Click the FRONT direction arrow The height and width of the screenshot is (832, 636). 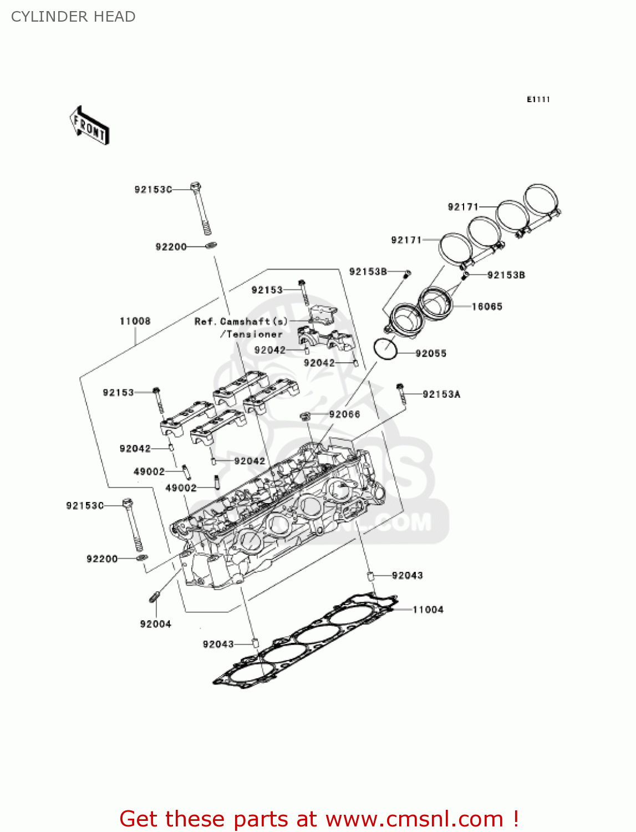(x=89, y=126)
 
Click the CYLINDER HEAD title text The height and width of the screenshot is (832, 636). (x=73, y=17)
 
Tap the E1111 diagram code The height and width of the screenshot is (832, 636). (x=538, y=99)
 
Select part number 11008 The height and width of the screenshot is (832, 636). (x=135, y=321)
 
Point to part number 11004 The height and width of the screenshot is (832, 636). (x=428, y=610)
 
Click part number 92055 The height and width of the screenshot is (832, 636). (x=431, y=353)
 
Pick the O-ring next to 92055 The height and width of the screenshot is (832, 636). (x=385, y=348)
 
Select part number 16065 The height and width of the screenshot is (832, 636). (x=487, y=306)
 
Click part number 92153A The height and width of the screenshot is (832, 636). (x=441, y=394)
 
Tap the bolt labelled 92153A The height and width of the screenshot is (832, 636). (x=400, y=392)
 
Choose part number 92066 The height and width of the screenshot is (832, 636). (x=344, y=414)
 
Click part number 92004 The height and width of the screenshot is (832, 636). (x=155, y=624)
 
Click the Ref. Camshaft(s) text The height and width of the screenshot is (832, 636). (x=241, y=322)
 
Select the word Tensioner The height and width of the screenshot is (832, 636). (x=255, y=334)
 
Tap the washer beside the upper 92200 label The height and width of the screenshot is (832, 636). (x=211, y=246)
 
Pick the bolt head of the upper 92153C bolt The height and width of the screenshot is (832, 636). (x=195, y=186)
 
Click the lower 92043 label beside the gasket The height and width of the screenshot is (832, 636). (x=218, y=644)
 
